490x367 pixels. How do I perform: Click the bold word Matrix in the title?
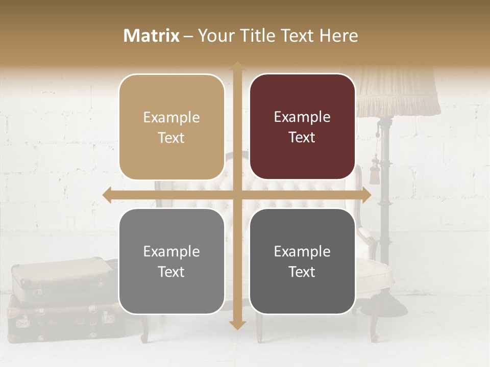click(151, 36)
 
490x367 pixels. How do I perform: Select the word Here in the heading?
click(339, 36)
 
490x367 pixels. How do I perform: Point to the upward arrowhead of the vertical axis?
click(237, 66)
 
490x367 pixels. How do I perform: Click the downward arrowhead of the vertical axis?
click(237, 324)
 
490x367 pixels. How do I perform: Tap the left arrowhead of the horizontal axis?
click(107, 195)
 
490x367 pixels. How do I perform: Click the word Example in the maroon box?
click(302, 117)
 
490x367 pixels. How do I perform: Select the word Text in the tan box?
click(171, 138)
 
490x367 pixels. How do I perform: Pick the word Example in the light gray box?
click(171, 251)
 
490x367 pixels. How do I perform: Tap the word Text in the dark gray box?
click(302, 272)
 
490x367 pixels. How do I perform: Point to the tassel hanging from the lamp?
click(376, 166)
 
